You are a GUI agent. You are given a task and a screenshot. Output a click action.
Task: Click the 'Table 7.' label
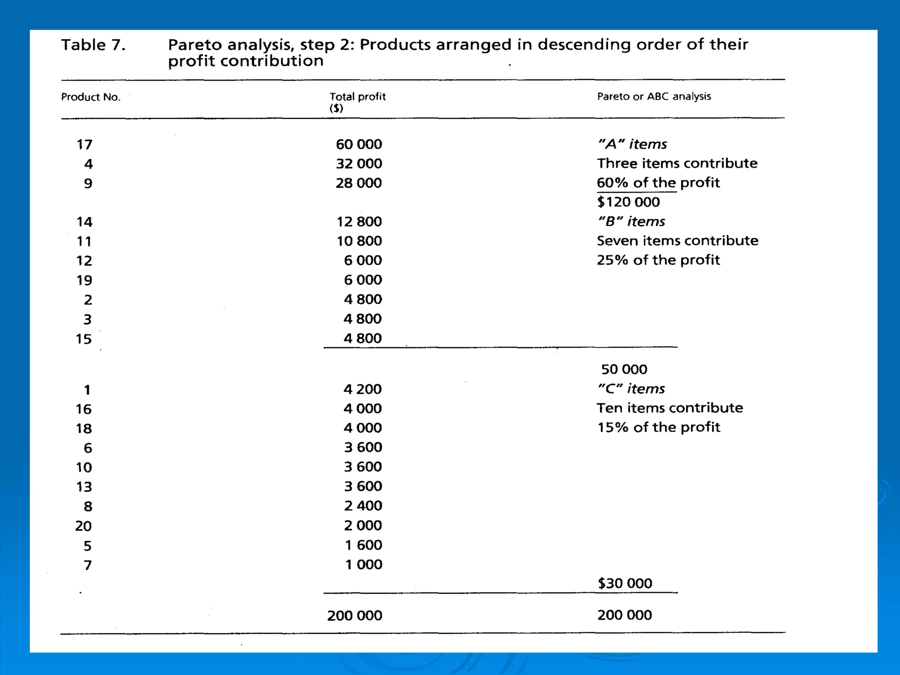(x=93, y=45)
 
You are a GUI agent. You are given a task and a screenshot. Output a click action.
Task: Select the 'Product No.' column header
(x=91, y=97)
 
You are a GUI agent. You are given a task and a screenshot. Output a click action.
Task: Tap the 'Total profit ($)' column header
(x=357, y=102)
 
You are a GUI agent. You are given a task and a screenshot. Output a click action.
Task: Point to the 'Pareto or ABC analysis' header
(x=653, y=97)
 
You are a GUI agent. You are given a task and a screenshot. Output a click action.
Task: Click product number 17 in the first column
(x=84, y=145)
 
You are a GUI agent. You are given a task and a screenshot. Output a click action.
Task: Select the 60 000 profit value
(x=359, y=144)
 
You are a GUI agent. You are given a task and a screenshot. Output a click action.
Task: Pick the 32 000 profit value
(x=359, y=163)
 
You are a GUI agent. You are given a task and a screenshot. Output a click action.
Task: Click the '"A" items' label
(x=632, y=144)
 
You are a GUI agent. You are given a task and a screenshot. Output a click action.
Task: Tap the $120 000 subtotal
(x=628, y=202)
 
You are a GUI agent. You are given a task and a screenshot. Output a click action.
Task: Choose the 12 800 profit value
(x=359, y=221)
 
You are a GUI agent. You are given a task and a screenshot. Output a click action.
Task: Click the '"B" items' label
(x=631, y=221)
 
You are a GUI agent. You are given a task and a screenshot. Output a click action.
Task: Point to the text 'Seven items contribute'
(x=677, y=241)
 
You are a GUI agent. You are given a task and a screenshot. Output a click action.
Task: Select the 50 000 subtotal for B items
(x=624, y=369)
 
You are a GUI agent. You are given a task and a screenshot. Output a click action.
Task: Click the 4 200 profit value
(x=362, y=389)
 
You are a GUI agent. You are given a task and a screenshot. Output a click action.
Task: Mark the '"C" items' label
(x=631, y=389)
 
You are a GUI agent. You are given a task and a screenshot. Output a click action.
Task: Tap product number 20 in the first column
(x=83, y=526)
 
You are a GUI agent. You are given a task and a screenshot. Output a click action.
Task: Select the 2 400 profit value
(x=363, y=506)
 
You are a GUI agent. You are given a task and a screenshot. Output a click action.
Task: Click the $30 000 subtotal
(x=624, y=583)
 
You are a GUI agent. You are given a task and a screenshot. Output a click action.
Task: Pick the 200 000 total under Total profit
(x=354, y=615)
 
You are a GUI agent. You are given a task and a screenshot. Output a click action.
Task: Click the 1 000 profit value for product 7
(x=363, y=564)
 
